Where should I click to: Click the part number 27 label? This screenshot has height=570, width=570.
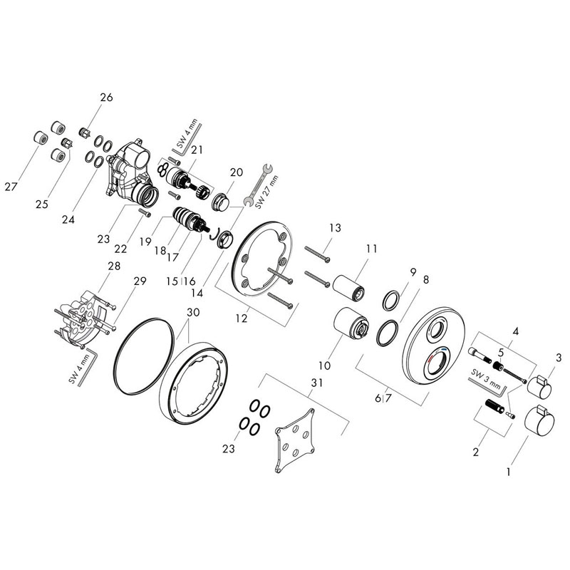pos(11,187)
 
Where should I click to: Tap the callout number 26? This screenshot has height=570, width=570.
pos(106,98)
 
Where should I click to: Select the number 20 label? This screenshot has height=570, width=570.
pos(237,172)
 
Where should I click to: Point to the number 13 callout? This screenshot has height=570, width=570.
pos(335,228)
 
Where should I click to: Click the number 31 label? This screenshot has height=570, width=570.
pos(316,383)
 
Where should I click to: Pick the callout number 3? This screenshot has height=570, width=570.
pos(559,358)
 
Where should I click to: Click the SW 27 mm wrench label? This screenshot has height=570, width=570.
pos(266,192)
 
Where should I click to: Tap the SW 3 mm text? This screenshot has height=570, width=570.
pos(486,378)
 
